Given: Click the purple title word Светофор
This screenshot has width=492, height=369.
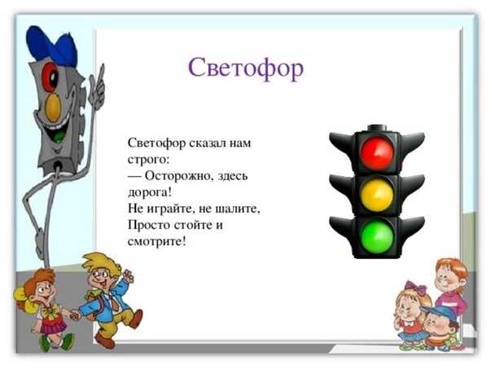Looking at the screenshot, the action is (x=246, y=68).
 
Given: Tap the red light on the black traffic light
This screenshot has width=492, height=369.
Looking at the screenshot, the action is (x=376, y=153).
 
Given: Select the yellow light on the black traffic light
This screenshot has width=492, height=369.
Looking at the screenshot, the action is (x=377, y=195).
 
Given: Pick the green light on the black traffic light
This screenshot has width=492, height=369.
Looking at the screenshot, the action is (x=377, y=237).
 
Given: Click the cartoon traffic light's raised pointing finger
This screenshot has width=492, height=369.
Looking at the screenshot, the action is (x=101, y=74).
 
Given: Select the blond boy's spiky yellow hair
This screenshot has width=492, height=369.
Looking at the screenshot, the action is (x=101, y=264).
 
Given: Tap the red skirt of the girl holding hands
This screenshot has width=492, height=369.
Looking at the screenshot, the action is (x=53, y=326).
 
